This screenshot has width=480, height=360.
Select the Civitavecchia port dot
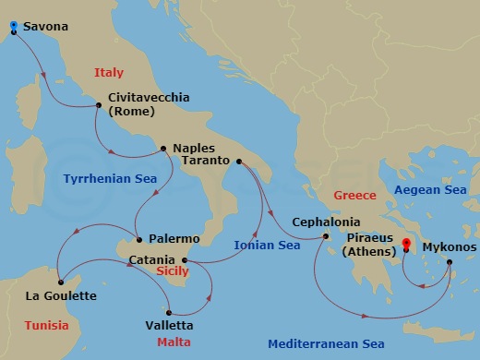(98, 105)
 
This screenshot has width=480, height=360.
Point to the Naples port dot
(163, 148)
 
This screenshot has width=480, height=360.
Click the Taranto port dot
(238, 162)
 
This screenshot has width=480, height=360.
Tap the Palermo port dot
(137, 239)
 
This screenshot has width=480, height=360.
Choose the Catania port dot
(185, 260)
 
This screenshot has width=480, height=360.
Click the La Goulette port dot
(58, 282)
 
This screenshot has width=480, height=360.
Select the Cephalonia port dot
(326, 237)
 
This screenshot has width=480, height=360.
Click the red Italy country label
(109, 73)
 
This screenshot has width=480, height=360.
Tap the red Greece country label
(355, 196)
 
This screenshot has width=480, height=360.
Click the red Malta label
(167, 342)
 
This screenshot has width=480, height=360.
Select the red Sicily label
(171, 273)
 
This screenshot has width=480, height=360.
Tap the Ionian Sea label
(267, 246)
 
